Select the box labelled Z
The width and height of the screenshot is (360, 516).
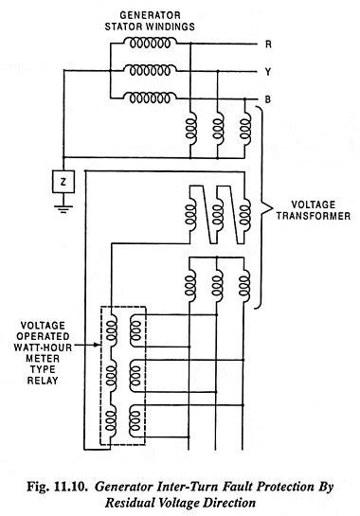(62, 179)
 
